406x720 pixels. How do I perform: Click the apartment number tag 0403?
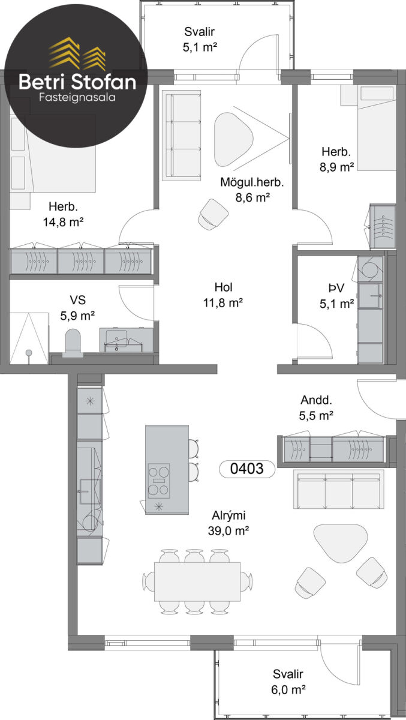coord(246,469)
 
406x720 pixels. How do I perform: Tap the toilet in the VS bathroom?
coord(73,343)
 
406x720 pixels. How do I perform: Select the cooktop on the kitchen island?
coord(159,481)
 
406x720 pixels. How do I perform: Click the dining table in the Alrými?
coord(197,581)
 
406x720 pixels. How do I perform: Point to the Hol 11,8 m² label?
coord(223,295)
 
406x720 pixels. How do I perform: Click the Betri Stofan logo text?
coord(77,82)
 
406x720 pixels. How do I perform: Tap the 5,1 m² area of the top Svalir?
coord(200,47)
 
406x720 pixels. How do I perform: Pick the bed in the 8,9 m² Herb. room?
coord(377,128)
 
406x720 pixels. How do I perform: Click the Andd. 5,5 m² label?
coord(316,407)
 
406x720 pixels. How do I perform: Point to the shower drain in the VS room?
coord(29,353)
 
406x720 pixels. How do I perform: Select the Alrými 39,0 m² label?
coord(228,523)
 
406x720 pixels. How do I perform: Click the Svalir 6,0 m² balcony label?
coord(288,682)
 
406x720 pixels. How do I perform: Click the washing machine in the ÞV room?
coord(371,269)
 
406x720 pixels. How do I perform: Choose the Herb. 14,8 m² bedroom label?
coord(64,214)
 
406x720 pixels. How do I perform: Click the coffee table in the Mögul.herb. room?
coord(233,139)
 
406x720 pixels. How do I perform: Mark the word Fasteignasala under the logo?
coord(77,97)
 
